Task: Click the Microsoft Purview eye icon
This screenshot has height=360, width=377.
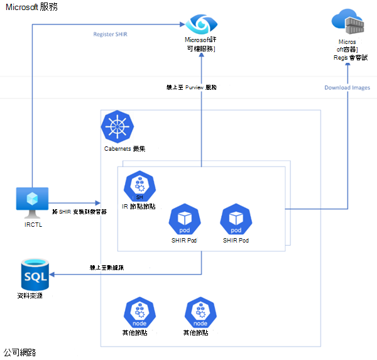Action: (201, 24)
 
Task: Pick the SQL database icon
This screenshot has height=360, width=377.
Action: (35, 275)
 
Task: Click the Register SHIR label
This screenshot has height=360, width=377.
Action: (110, 34)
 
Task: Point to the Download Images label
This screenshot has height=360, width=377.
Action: (347, 87)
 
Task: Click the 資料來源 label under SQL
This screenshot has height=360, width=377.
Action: (32, 296)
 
